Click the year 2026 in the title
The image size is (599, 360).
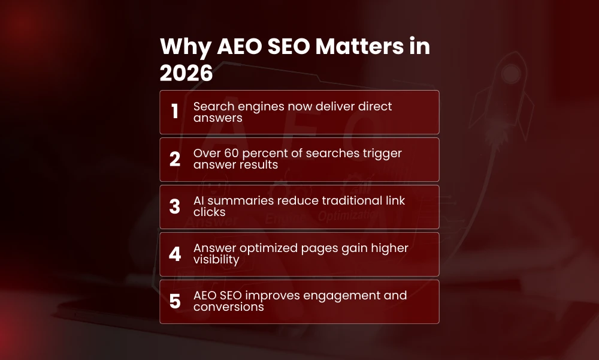186,73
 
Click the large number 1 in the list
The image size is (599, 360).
175,112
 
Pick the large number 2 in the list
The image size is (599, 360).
175,159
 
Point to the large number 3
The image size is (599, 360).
175,206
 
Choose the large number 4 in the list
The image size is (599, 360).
175,254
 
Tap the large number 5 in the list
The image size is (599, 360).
175,301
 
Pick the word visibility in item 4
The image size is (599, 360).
216,259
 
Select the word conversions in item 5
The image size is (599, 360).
228,307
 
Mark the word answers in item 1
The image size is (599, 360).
218,118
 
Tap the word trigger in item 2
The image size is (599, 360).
380,154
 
